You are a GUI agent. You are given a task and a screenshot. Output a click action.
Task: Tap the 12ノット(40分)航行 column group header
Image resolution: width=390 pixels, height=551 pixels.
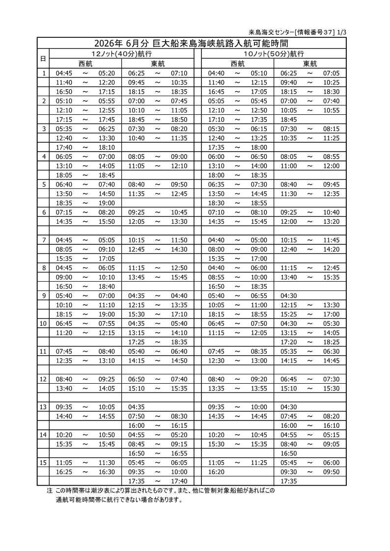[x=121, y=53]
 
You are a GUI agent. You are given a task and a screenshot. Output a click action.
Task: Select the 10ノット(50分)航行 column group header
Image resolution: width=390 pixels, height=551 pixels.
[x=274, y=53]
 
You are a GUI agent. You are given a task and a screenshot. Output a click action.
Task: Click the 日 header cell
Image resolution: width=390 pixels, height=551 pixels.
[x=43, y=58]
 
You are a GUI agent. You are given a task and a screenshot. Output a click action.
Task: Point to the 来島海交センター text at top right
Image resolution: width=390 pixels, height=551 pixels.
[x=272, y=32]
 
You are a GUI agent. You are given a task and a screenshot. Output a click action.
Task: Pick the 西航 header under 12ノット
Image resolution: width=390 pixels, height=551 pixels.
[x=85, y=63]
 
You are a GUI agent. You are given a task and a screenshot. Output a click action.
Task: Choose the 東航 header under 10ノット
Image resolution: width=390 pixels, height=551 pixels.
[x=310, y=63]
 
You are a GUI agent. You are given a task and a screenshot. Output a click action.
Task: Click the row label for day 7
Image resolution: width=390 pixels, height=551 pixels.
[x=44, y=240]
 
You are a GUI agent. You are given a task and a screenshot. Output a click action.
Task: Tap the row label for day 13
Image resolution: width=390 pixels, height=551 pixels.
[x=44, y=407]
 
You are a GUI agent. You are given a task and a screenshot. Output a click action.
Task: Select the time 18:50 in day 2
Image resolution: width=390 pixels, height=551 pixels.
[x=179, y=119]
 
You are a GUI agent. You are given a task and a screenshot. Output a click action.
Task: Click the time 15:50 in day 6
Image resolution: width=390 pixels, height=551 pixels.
[x=107, y=221]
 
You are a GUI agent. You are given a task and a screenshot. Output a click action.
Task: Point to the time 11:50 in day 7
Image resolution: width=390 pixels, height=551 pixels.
[x=179, y=240]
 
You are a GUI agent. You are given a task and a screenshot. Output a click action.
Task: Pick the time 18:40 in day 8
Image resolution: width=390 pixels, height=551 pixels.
[x=107, y=286]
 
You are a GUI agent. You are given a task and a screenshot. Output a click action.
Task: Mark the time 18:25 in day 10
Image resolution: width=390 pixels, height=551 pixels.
[x=331, y=341]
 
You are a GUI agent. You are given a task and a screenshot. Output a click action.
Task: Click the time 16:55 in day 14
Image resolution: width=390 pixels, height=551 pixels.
[x=179, y=453]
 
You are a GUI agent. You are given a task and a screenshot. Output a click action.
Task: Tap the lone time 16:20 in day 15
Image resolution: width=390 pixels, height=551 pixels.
[x=216, y=472]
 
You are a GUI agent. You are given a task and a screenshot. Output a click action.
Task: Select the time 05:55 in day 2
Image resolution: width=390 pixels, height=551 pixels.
[x=107, y=101]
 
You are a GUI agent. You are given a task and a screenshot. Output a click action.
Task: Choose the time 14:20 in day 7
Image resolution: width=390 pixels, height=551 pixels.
[x=331, y=249]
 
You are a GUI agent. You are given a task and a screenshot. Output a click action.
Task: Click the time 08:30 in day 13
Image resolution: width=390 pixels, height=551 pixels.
[x=179, y=416]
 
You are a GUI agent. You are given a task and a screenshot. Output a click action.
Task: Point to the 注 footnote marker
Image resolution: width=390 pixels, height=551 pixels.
[x=49, y=491]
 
